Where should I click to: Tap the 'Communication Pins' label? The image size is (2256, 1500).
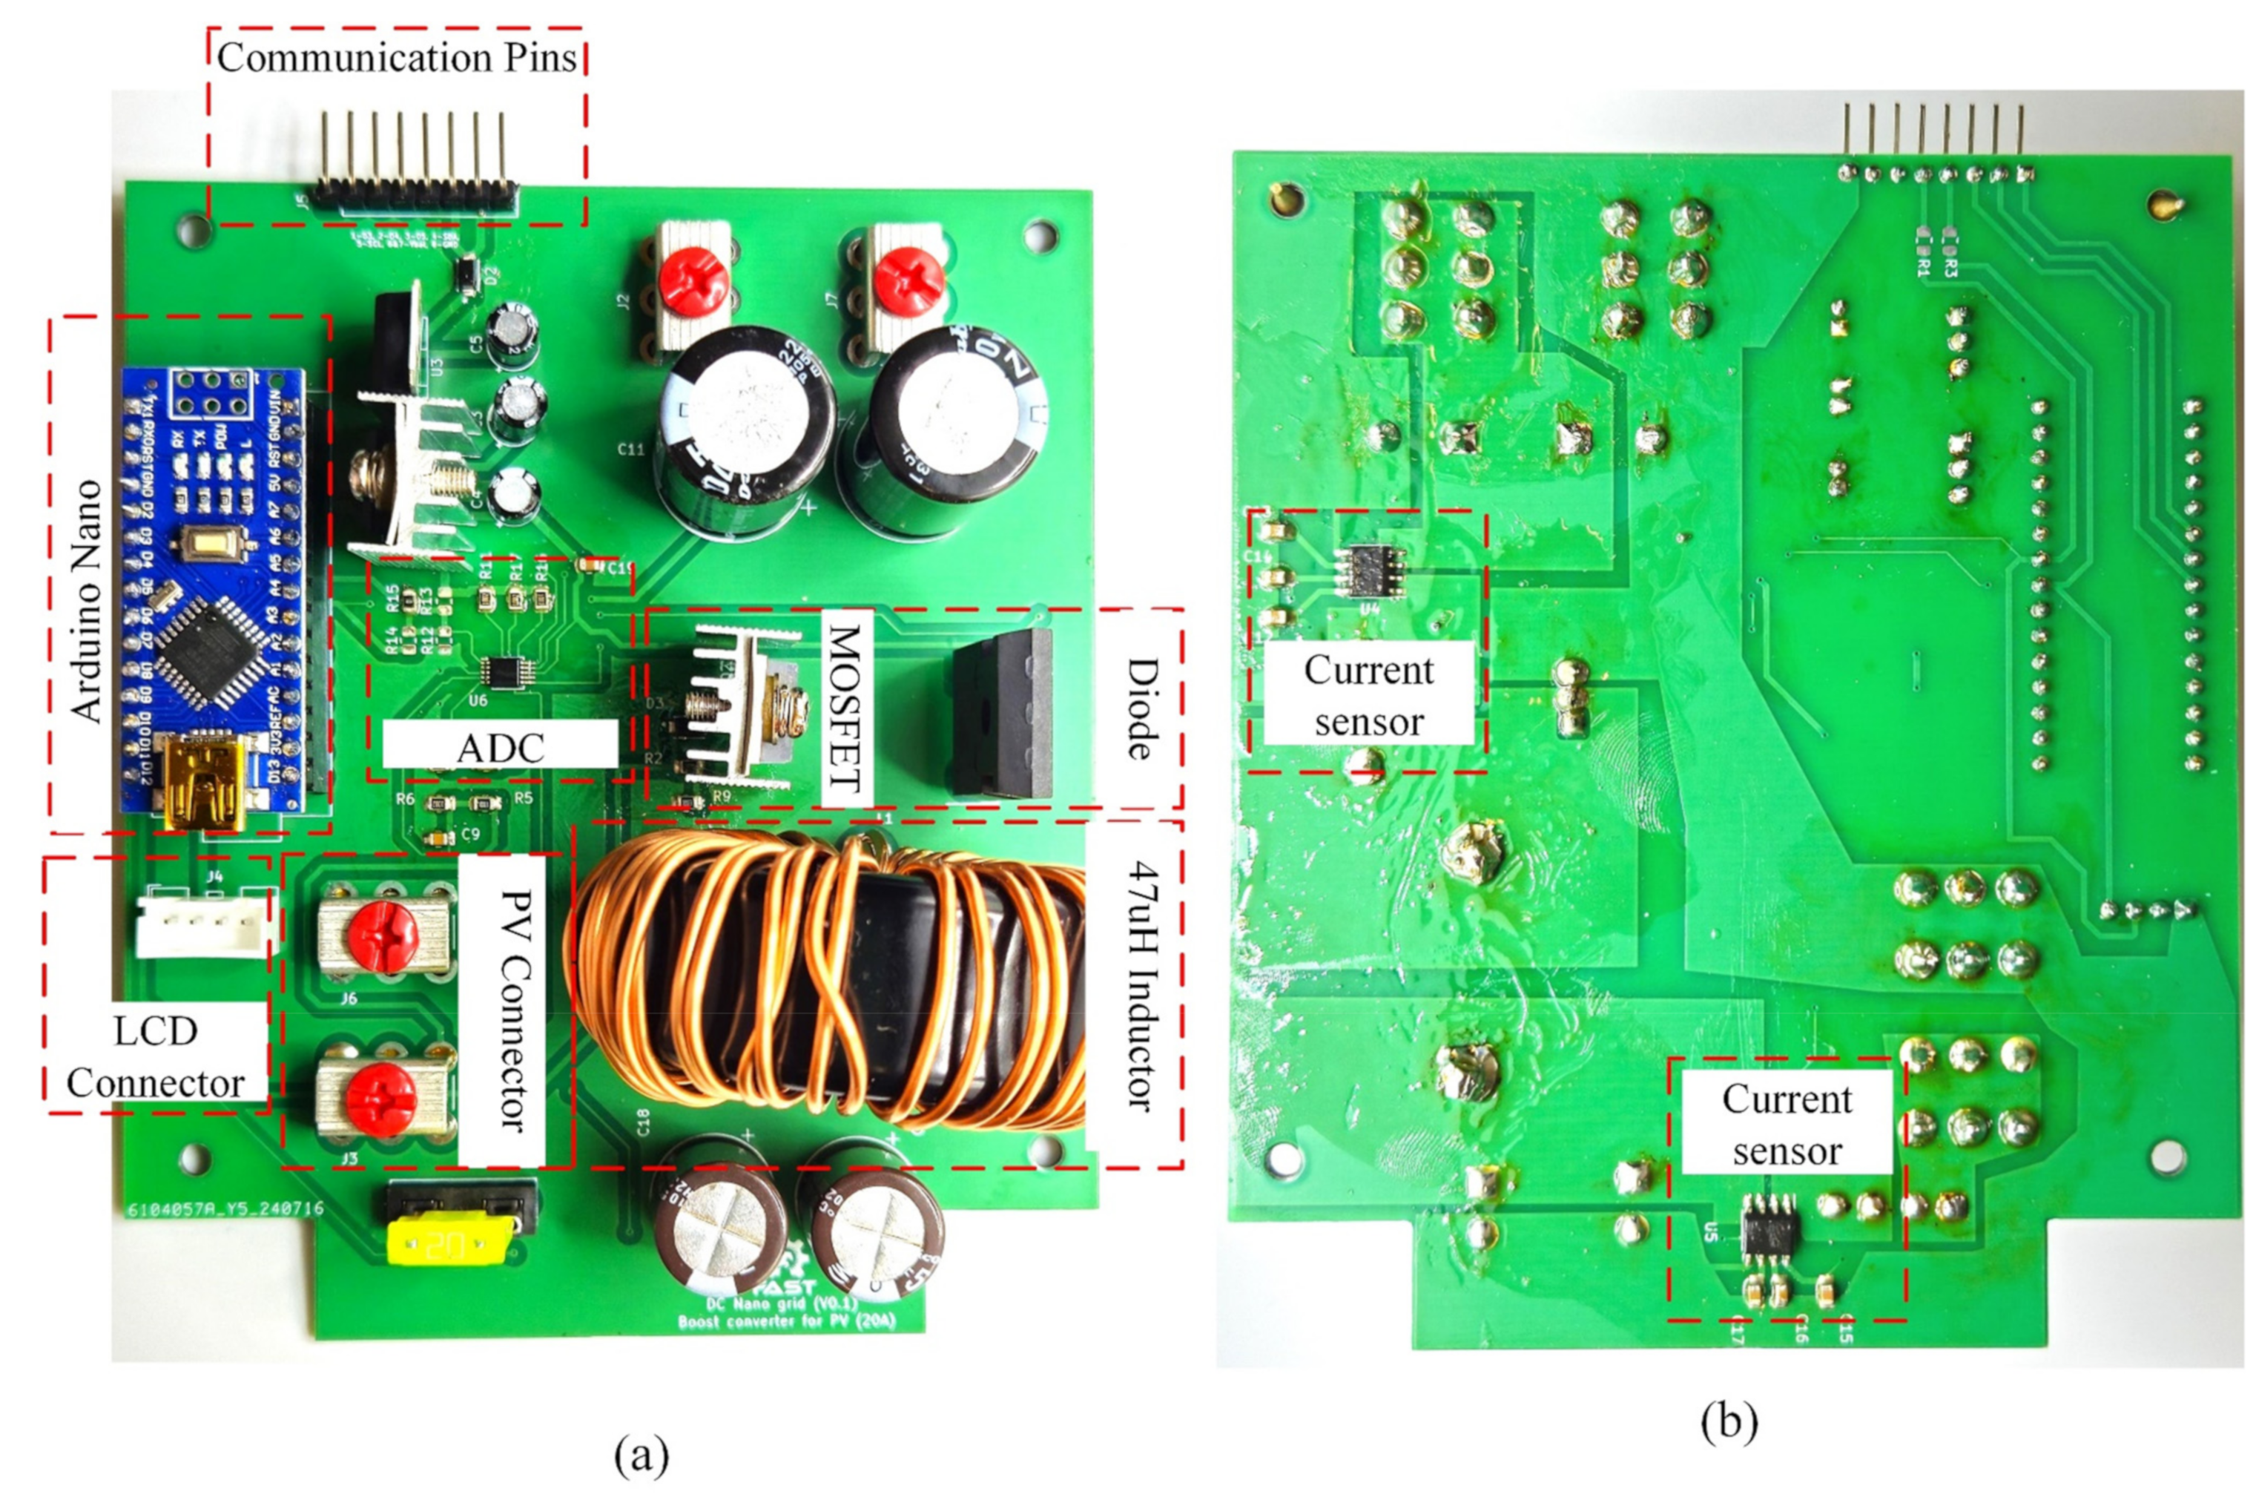[396, 57]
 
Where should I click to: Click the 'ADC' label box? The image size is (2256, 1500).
[499, 746]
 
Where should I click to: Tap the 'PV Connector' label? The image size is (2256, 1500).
[513, 1009]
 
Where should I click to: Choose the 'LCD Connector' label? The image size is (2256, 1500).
[155, 1057]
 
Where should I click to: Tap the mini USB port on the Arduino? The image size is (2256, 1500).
[202, 780]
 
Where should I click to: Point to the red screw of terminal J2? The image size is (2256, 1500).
[693, 278]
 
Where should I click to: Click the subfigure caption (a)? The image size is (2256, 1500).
[641, 1455]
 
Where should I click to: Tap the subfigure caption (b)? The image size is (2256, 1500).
[1728, 1421]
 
